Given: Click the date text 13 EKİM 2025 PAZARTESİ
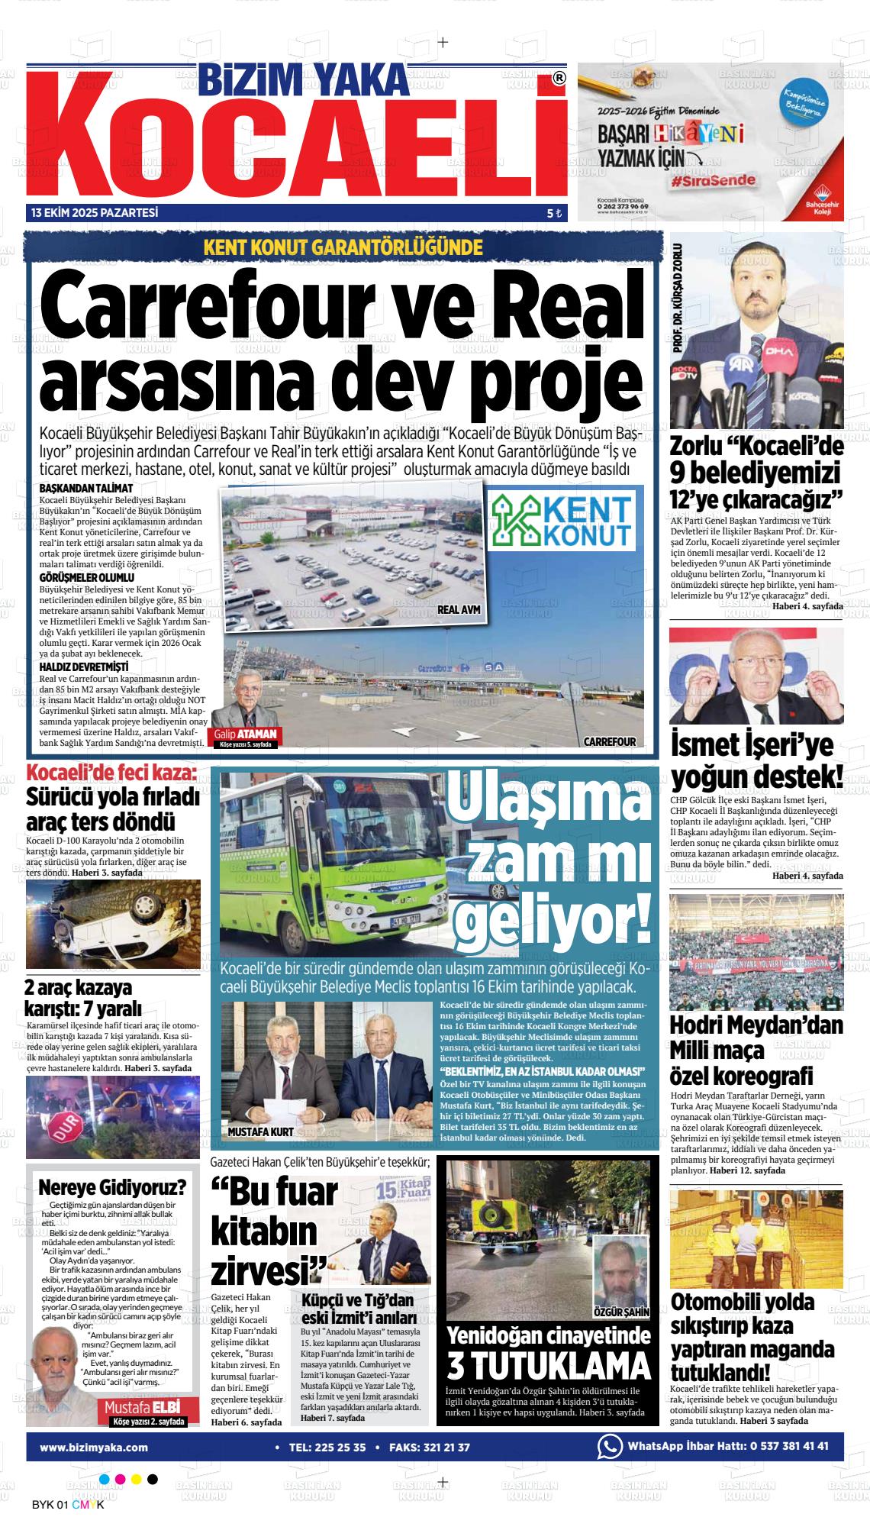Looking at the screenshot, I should coord(95,213).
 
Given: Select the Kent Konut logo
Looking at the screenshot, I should coord(562,519).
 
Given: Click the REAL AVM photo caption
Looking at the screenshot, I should coord(458,610).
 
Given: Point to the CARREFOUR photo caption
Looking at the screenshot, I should coord(609,741).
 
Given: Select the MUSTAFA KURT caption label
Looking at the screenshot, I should coord(260,1131).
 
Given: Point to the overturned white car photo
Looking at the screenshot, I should coord(113,924).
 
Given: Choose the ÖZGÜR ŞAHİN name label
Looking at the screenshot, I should coord(620,1312).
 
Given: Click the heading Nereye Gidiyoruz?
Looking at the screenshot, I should coord(112,1188).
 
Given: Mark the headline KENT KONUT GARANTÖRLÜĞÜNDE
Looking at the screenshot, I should coord(343,247).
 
